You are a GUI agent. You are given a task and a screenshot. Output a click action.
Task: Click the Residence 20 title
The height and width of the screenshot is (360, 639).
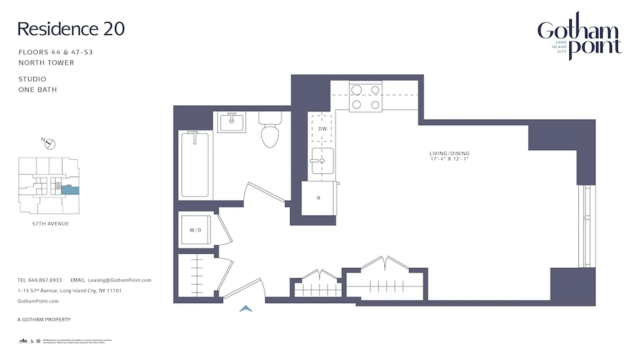click(x=71, y=29)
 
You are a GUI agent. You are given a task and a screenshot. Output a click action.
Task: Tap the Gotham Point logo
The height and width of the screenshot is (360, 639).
click(x=579, y=37)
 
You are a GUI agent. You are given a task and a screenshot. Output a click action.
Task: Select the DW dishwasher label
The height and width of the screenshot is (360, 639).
click(x=322, y=129)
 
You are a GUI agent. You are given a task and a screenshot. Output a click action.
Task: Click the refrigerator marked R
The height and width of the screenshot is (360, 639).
click(x=318, y=198)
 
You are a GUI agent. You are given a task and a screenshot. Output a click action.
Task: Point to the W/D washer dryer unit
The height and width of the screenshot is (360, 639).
click(x=195, y=230)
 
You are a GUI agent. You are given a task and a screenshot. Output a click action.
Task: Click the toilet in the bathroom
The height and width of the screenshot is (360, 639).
click(x=270, y=131)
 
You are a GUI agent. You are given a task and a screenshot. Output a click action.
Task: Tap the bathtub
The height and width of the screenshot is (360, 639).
click(x=195, y=164)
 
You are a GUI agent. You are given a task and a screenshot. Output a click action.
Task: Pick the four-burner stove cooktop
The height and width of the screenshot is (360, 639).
click(x=366, y=97)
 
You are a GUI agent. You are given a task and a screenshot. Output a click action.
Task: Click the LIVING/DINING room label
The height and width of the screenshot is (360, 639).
click(x=449, y=153)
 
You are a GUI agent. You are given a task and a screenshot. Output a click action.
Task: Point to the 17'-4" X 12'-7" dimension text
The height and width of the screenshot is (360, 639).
click(x=449, y=159)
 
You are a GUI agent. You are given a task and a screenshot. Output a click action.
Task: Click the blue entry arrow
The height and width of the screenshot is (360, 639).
click(x=246, y=309)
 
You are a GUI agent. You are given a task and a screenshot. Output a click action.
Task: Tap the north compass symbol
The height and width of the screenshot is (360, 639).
click(x=50, y=144)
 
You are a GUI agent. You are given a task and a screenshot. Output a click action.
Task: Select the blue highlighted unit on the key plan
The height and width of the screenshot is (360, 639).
click(x=70, y=190)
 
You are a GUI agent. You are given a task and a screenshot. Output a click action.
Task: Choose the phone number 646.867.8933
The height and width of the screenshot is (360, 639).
click(x=45, y=280)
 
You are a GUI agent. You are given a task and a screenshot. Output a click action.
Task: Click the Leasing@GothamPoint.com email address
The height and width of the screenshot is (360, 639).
click(x=120, y=280)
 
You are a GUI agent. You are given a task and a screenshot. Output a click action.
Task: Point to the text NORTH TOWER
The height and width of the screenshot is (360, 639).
click(x=46, y=63)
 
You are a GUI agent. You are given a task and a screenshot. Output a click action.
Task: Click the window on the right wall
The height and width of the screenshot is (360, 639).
click(x=586, y=226)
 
